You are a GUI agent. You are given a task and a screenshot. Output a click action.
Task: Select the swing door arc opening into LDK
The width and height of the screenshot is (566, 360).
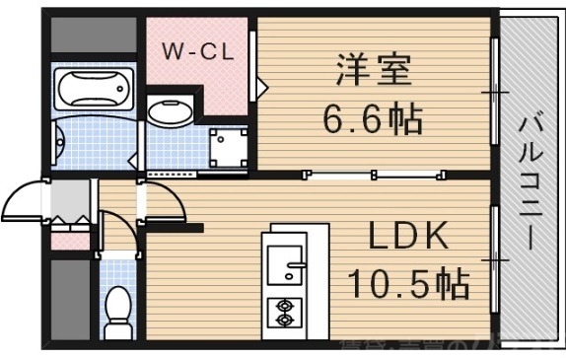pos(163,202)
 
